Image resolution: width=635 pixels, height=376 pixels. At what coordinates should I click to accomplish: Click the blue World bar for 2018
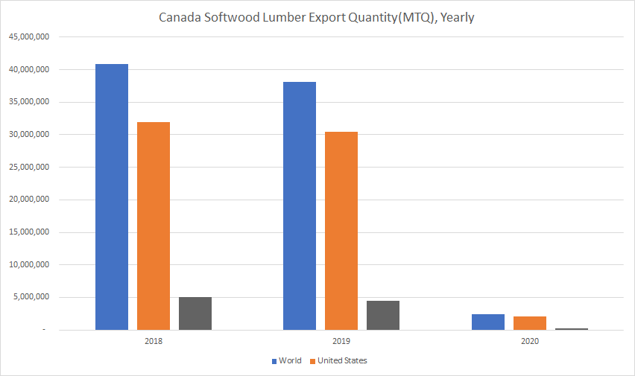(112, 197)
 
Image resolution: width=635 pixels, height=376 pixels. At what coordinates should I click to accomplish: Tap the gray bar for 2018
(195, 313)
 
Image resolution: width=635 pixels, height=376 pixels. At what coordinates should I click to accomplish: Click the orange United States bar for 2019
(341, 231)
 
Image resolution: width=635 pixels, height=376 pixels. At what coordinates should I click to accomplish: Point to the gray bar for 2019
(383, 315)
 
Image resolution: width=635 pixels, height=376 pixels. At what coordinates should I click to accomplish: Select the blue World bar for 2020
(488, 322)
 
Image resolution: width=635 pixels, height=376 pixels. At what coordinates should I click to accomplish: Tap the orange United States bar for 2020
(530, 323)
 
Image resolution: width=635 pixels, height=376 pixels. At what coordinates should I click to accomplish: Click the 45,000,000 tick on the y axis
(28, 37)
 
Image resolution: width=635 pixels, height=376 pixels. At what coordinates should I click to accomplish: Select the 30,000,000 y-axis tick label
(28, 135)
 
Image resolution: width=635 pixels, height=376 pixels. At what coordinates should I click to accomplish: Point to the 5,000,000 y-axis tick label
(31, 297)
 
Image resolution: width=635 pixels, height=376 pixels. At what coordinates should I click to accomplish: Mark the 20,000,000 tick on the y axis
(28, 200)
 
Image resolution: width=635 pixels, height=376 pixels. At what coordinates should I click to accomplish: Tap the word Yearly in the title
(458, 17)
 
